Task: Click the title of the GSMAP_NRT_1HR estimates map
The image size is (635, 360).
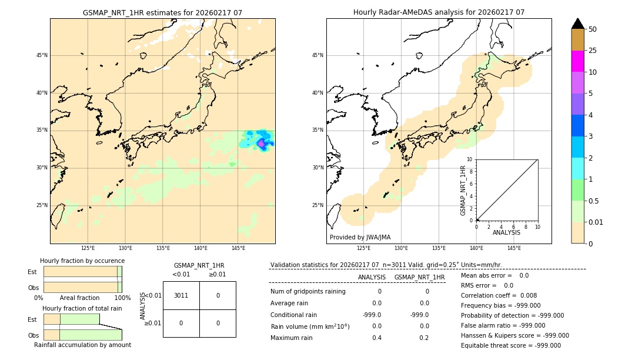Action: pyautogui.click(x=162, y=12)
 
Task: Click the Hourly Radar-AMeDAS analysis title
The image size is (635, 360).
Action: pyautogui.click(x=439, y=12)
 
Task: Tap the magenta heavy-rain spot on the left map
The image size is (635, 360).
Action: pyautogui.click(x=261, y=143)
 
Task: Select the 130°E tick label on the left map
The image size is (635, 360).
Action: pyautogui.click(x=125, y=248)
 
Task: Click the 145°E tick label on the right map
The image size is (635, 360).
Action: pyautogui.click(x=514, y=248)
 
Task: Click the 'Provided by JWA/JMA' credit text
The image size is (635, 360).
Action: pyautogui.click(x=360, y=237)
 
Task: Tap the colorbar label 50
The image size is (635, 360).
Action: pyautogui.click(x=593, y=29)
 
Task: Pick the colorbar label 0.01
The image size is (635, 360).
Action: pyautogui.click(x=596, y=222)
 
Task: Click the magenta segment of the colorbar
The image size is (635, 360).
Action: pyautogui.click(x=577, y=61)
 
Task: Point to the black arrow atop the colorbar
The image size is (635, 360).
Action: pyautogui.click(x=577, y=24)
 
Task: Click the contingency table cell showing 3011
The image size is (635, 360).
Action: pyautogui.click(x=181, y=295)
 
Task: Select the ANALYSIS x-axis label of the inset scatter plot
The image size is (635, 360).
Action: pyautogui.click(x=506, y=232)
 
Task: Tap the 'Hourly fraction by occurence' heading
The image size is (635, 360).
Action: pyautogui.click(x=82, y=261)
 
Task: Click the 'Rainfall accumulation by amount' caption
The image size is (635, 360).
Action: pyautogui.click(x=82, y=345)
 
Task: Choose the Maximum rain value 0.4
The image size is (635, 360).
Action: pyautogui.click(x=376, y=338)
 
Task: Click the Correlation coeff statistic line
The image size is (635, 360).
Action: pyautogui.click(x=499, y=295)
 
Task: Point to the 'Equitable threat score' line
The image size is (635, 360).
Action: pyautogui.click(x=511, y=345)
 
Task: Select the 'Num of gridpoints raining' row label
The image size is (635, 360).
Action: pyautogui.click(x=308, y=291)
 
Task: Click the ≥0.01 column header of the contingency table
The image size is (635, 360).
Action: pyautogui.click(x=217, y=274)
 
